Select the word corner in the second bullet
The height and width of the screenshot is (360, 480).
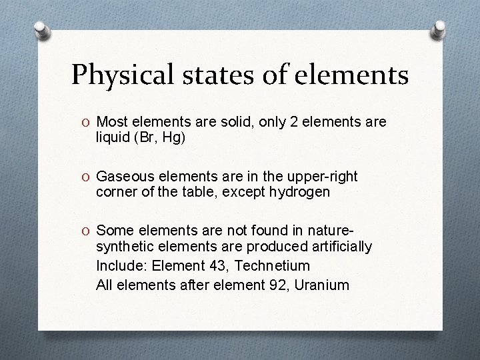pyautogui.click(x=115, y=192)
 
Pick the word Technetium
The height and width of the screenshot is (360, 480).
pyautogui.click(x=274, y=266)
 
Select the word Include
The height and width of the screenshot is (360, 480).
pyautogui.click(x=121, y=266)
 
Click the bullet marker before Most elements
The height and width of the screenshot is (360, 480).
pyautogui.click(x=88, y=123)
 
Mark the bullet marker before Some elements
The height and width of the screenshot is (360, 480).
pyautogui.click(x=88, y=231)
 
